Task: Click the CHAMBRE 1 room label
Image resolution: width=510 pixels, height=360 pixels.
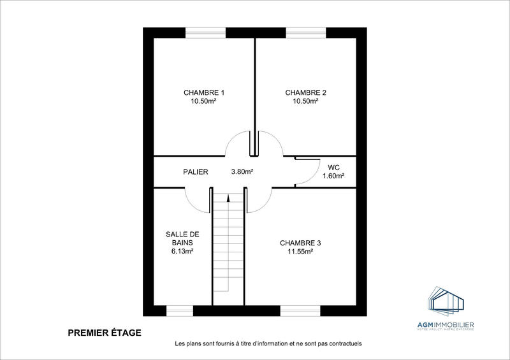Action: (x=204, y=92)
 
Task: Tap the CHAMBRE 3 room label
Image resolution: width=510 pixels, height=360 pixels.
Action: (x=300, y=243)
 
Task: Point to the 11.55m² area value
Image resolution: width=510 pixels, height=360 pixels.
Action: (x=300, y=252)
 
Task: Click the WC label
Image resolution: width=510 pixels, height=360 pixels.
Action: (x=333, y=167)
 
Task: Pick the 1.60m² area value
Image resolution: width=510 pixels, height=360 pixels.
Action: (x=333, y=176)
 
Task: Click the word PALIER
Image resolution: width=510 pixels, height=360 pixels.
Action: (x=196, y=171)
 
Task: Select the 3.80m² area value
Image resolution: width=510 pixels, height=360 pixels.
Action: (x=242, y=171)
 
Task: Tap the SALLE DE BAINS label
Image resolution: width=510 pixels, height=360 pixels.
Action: (x=182, y=238)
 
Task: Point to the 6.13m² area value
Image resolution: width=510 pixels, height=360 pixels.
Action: (x=182, y=252)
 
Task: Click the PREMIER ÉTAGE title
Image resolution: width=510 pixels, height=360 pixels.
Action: (x=105, y=332)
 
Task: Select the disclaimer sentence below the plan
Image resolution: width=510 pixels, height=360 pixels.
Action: (x=268, y=344)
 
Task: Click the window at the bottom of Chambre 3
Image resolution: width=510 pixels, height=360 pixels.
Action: (x=300, y=310)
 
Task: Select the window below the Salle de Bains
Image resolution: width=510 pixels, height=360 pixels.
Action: (x=179, y=310)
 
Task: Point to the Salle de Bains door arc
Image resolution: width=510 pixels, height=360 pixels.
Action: (x=194, y=199)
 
